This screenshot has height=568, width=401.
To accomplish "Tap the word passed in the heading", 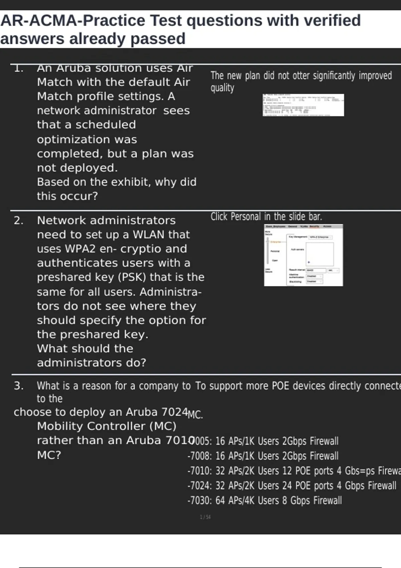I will pos(158,39).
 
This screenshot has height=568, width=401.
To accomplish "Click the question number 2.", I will pos(18,221).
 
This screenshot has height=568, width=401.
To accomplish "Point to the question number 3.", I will pos(18,386).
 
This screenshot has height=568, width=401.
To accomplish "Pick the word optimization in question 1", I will pos(87,139).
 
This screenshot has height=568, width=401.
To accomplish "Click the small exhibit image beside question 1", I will pos(303,105).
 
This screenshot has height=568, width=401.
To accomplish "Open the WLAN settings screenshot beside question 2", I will pos(303,255).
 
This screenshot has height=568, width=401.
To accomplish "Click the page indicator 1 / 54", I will pos(205,517).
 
